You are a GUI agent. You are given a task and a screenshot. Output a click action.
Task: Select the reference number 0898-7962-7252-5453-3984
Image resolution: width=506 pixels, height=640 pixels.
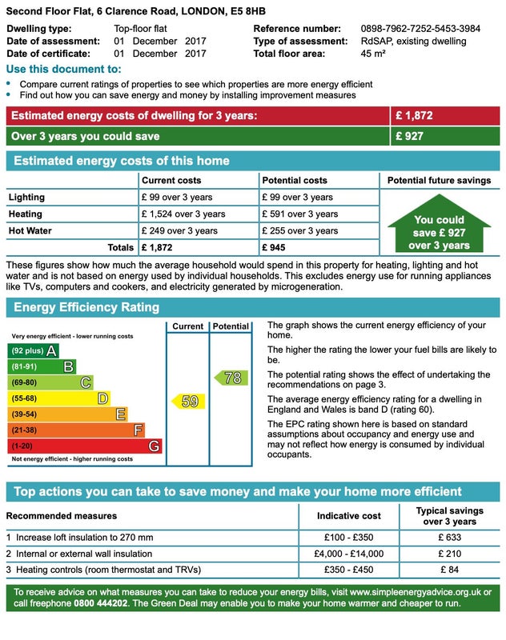pyautogui.click(x=420, y=29)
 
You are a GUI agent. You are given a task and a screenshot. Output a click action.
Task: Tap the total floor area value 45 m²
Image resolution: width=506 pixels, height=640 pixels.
pyautogui.click(x=373, y=54)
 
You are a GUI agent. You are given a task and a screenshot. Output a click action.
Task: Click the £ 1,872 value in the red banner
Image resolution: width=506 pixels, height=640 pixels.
pyautogui.click(x=414, y=116)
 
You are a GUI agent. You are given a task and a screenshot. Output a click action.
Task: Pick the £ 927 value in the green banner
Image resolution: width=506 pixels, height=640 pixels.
pyautogui.click(x=409, y=136)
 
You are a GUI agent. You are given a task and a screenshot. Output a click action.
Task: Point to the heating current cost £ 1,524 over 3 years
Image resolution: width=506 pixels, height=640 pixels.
pyautogui.click(x=183, y=214)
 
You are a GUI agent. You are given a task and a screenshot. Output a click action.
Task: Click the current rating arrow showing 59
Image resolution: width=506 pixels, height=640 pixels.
pyautogui.click(x=187, y=402)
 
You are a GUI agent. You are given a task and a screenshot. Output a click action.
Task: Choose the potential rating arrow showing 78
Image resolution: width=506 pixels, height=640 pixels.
pyautogui.click(x=231, y=378)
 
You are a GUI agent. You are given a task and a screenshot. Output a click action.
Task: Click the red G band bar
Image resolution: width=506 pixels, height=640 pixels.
pyautogui.click(x=84, y=446)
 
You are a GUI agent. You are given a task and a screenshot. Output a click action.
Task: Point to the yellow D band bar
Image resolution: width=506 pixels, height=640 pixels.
pyautogui.click(x=58, y=398)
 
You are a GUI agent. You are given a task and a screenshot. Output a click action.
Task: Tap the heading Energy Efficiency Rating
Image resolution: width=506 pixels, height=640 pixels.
pyautogui.click(x=86, y=307)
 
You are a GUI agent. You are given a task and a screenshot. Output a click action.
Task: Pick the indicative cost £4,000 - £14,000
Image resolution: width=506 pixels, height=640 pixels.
pyautogui.click(x=349, y=554)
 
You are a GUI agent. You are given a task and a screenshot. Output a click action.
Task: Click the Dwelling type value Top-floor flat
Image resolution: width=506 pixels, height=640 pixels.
pyautogui.click(x=141, y=29)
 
